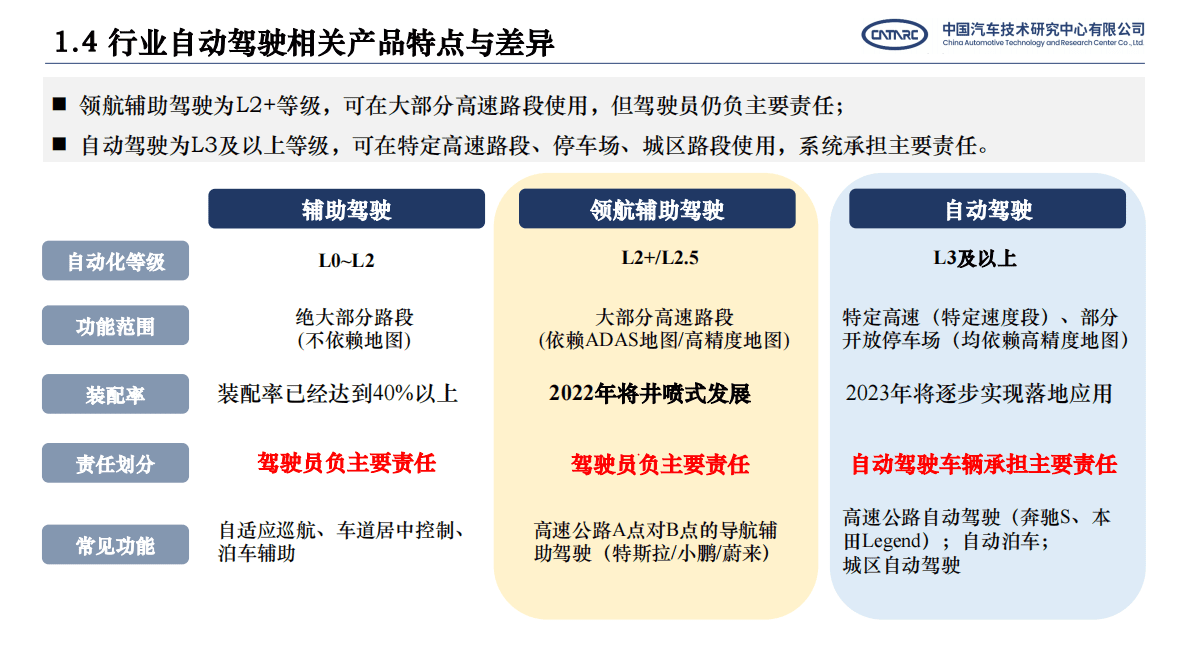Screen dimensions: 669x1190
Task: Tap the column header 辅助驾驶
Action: tap(346, 210)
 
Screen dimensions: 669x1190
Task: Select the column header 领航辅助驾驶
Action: tap(656, 210)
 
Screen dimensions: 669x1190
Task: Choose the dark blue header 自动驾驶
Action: tap(987, 210)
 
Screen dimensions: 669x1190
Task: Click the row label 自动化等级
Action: tap(115, 262)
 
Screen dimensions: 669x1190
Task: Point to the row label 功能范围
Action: tap(115, 326)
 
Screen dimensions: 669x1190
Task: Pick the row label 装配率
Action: tap(115, 395)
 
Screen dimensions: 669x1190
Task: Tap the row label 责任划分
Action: tap(115, 464)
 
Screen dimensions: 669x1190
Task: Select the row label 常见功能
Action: tap(115, 546)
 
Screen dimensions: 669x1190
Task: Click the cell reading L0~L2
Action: tap(346, 261)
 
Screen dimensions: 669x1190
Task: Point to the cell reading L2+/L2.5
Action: tap(659, 258)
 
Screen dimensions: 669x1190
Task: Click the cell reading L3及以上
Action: tap(974, 258)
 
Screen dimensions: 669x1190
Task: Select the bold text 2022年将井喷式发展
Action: tap(649, 394)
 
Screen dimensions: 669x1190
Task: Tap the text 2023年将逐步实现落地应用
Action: tap(978, 393)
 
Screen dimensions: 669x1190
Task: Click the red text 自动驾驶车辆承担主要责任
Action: tap(983, 464)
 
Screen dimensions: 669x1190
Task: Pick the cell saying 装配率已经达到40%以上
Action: tap(337, 394)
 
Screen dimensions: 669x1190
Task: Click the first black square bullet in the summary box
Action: tap(59, 104)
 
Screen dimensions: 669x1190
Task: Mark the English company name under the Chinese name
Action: tap(1043, 44)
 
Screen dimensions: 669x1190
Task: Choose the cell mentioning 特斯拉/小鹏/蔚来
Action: tap(655, 542)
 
